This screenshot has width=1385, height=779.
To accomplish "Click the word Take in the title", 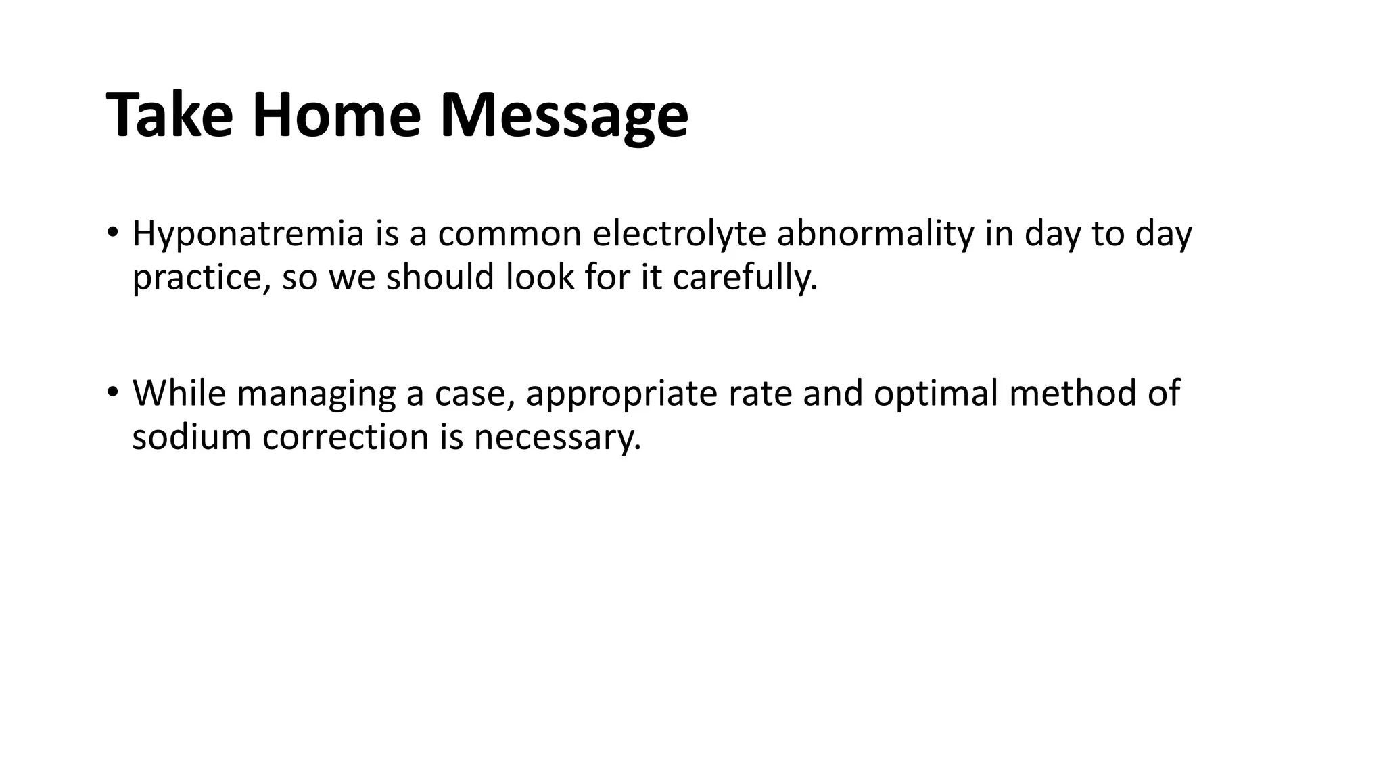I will (170, 115).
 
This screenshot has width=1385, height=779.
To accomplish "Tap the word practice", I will (200, 278).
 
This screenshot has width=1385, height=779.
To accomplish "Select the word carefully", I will (745, 278).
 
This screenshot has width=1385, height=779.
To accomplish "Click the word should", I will (440, 277).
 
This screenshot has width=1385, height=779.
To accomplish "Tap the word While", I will (179, 393).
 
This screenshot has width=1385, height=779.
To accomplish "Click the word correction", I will (346, 436).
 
